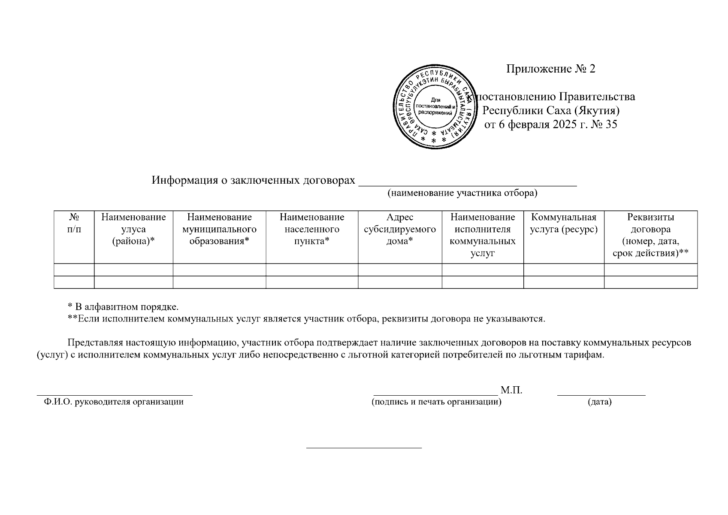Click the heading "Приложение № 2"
pyautogui.click(x=550, y=69)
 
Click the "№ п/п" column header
pyautogui.click(x=74, y=223)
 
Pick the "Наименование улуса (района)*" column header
pyautogui.click(x=133, y=229)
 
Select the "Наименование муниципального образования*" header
pyautogui.click(x=219, y=229)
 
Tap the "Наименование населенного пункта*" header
pyautogui.click(x=312, y=229)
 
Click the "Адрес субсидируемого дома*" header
pyautogui.click(x=400, y=229)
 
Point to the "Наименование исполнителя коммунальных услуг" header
pyautogui.click(x=483, y=235)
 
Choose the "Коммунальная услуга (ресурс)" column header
pyautogui.click(x=564, y=223)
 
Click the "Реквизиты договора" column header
pyautogui.click(x=650, y=235)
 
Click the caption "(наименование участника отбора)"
pyautogui.click(x=462, y=193)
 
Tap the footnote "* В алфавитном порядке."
pyautogui.click(x=123, y=307)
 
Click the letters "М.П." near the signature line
pyautogui.click(x=511, y=391)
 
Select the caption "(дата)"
pyautogui.click(x=599, y=402)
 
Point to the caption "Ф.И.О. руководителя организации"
pyautogui.click(x=114, y=402)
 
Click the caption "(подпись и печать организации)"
pyautogui.click(x=436, y=402)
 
